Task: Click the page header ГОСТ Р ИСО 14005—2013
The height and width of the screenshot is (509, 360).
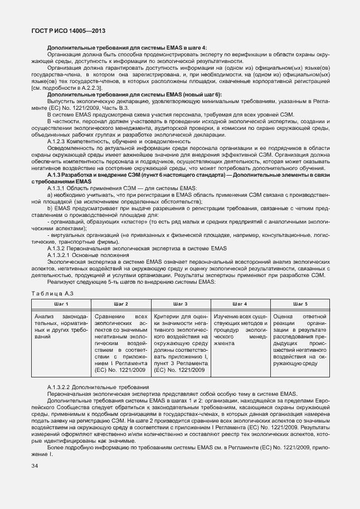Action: [x=67, y=31]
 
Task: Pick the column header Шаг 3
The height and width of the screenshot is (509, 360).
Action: [x=180, y=304]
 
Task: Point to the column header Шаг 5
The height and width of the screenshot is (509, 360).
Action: [x=299, y=304]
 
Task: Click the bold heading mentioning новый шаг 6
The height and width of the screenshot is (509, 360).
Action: [x=134, y=95]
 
